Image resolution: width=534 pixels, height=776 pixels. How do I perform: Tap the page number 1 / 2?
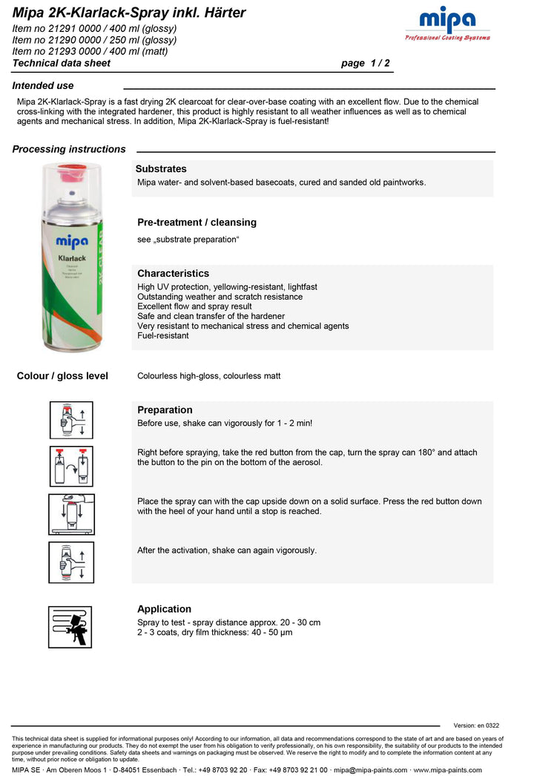pos(365,63)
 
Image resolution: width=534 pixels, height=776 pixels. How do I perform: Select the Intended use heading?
pos(43,85)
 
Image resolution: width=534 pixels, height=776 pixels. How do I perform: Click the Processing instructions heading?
pos(69,149)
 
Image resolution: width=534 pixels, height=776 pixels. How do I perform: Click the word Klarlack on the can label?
pos(72,257)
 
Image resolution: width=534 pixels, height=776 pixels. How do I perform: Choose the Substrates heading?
pos(161,169)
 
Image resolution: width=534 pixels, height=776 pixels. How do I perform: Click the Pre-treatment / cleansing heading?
pos(197,222)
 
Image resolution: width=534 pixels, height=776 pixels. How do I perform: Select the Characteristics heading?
pos(173,273)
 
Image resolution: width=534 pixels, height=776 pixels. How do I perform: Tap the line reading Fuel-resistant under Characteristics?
pos(163,335)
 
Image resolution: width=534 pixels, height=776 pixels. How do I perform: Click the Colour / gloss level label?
pos(62,376)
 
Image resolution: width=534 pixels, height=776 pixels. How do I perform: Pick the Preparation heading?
pos(165,410)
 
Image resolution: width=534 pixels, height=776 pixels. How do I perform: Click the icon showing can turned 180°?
pos(71,467)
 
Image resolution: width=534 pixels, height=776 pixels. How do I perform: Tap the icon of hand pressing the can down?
pos(71,514)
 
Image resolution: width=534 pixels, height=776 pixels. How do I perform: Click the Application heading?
pos(164,609)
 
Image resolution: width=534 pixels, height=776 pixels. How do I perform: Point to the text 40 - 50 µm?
pos(271,632)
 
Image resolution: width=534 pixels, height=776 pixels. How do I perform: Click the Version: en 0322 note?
pos(476,726)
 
